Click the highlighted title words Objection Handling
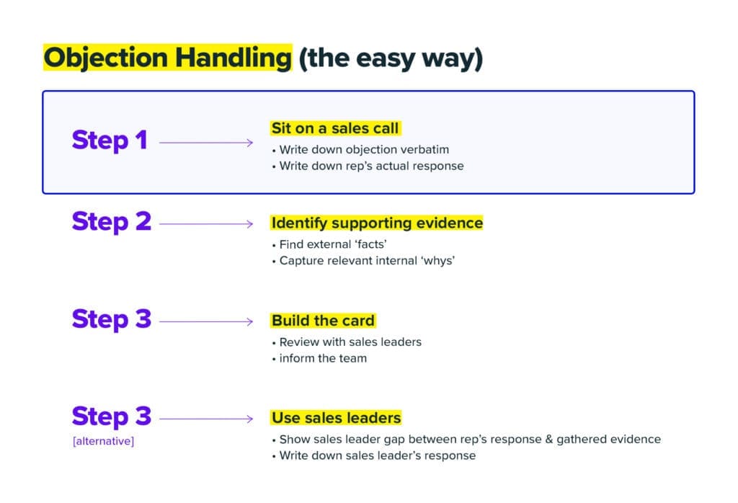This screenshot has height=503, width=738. (167, 58)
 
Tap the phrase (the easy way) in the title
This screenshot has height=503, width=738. (390, 58)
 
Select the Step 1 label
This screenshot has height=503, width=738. (110, 140)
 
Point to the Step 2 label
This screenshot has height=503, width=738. (112, 221)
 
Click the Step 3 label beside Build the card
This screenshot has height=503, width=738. (112, 319)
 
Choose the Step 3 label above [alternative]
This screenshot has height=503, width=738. (112, 416)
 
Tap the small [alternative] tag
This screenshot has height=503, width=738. (103, 440)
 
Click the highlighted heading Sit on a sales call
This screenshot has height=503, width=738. (335, 128)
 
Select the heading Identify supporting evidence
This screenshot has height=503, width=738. (377, 223)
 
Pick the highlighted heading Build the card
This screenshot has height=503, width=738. (323, 320)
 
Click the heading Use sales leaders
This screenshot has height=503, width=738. (336, 417)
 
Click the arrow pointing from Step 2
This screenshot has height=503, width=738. (206, 223)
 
